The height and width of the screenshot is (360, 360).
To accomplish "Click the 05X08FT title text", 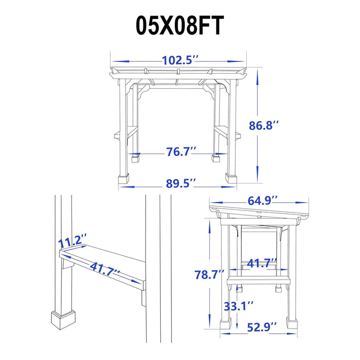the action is click(x=180, y=25).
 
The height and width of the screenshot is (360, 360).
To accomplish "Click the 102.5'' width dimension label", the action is click(x=180, y=60).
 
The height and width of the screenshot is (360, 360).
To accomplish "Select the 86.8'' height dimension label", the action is click(x=264, y=126).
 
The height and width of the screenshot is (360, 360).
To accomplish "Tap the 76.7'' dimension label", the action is click(x=181, y=151).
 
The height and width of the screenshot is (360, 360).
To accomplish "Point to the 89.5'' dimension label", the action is click(x=181, y=184).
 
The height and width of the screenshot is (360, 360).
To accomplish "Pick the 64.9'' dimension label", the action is click(x=263, y=201).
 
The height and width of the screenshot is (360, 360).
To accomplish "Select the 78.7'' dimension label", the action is click(x=209, y=275).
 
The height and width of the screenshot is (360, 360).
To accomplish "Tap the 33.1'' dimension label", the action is click(x=239, y=306).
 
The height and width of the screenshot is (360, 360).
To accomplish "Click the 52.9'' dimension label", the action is click(x=262, y=327).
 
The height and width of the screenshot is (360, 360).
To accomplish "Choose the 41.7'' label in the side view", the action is click(x=262, y=263).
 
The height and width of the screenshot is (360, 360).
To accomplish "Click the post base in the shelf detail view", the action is click(x=63, y=320).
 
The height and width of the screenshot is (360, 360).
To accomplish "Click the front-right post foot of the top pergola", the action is click(x=231, y=178).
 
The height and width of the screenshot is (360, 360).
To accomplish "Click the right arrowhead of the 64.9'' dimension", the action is click(x=301, y=203).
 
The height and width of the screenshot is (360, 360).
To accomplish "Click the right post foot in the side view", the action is click(x=291, y=324).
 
